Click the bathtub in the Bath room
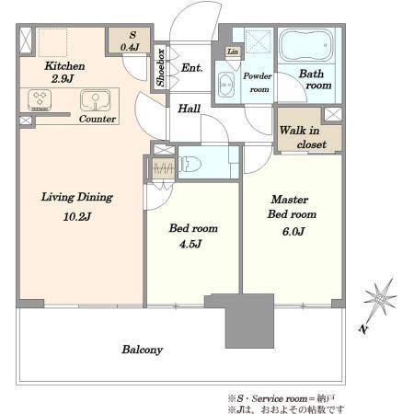306,45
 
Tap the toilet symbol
190,164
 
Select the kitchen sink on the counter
96,100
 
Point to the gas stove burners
40,100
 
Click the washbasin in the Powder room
226,84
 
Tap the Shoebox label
160,67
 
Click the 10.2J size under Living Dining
77,217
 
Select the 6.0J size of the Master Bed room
293,232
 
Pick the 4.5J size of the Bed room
190,244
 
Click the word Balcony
142,350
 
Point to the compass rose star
380,297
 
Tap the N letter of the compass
363,329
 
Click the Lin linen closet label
233,52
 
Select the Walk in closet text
302,137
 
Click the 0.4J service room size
130,47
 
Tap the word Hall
189,109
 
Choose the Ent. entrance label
191,67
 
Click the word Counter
98,119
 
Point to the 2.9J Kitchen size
63,79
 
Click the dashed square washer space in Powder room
259,41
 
